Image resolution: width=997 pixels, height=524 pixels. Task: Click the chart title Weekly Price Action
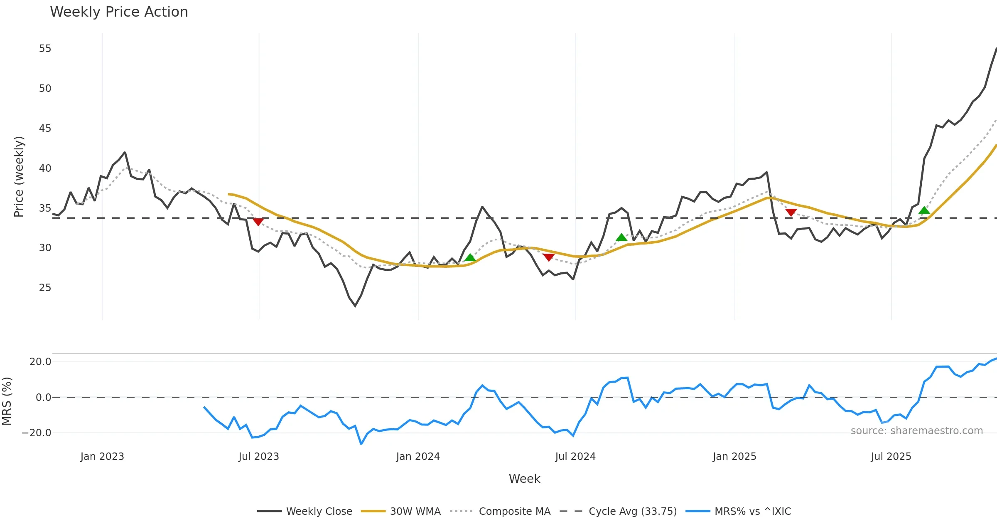(119, 12)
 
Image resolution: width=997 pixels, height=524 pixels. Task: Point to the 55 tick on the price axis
(45, 49)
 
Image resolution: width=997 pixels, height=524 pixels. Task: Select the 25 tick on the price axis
(45, 287)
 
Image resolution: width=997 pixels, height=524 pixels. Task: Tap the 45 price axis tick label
(45, 128)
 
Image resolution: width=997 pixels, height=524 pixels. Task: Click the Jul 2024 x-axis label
(575, 457)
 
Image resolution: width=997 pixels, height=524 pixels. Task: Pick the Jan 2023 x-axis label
(102, 457)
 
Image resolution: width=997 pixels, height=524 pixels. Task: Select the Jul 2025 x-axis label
(891, 457)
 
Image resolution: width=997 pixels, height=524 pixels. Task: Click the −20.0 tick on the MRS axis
(37, 433)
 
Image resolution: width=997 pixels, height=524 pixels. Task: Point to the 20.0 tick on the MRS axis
(40, 362)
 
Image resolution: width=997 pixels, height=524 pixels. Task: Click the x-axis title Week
(524, 479)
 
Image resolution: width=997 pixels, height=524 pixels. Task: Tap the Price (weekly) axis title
(19, 177)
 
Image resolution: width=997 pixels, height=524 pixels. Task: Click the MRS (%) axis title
(7, 401)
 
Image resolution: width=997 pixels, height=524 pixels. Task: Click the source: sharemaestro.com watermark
(916, 431)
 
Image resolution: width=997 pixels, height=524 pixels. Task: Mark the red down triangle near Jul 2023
(258, 222)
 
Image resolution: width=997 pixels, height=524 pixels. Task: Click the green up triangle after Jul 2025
(924, 210)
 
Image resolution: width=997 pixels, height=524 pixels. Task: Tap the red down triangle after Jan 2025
(791, 213)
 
